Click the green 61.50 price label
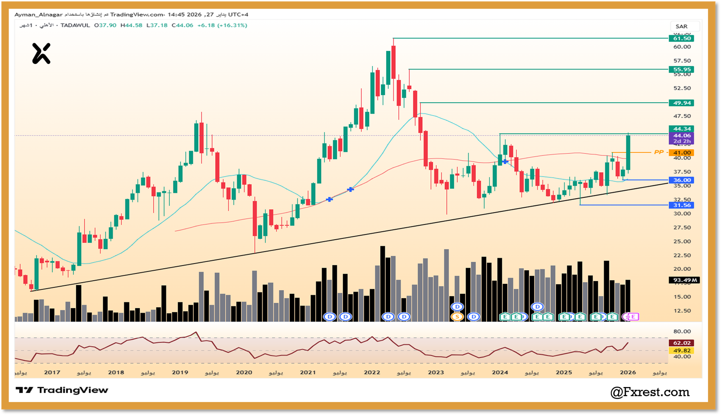[681, 38]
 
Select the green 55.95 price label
[681, 69]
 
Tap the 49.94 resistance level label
[681, 103]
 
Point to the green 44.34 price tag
[681, 129]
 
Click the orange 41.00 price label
[681, 153]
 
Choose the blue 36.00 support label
[681, 180]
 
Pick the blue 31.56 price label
[681, 205]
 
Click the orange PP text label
[659, 152]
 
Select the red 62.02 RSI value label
[681, 343]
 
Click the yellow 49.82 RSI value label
[681, 351]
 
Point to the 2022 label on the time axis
[372, 372]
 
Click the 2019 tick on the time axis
[180, 372]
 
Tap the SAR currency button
[681, 26]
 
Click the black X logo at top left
[41, 54]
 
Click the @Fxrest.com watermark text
[650, 392]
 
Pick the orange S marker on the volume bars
[457, 317]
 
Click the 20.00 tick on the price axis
[681, 269]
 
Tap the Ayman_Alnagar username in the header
[38, 14]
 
